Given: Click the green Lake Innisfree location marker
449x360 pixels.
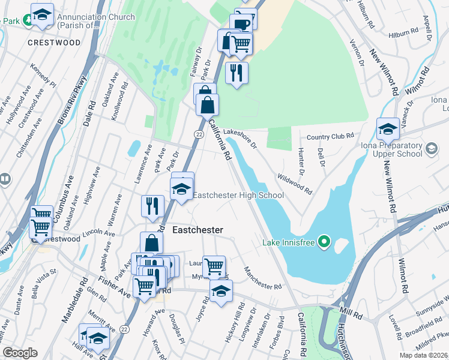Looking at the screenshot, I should pos(325,243).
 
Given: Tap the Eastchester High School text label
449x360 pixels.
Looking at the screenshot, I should pos(238,195).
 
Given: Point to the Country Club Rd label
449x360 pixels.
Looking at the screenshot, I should pos(330,137).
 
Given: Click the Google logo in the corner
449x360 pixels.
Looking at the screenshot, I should pos(20,353).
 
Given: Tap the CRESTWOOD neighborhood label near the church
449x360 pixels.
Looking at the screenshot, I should pos(54,43).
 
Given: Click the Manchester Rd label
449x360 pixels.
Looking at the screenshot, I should pos(262,278).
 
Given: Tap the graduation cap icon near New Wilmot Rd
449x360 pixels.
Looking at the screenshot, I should pos(388,128).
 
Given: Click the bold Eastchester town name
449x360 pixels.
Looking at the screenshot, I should pos(197,230).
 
